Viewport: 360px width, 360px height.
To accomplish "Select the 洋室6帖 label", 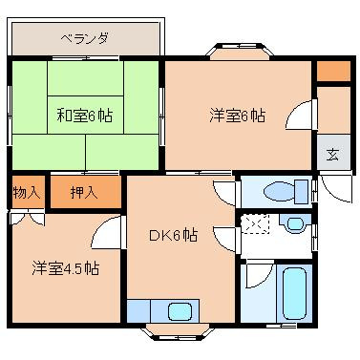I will tap(236, 116).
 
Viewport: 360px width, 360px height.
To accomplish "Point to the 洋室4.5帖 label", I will tap(64, 268).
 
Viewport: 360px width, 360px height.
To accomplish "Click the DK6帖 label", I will tap(172, 235).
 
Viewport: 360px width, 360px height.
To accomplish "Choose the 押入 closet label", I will tap(85, 192).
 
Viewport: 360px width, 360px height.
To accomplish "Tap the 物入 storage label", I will tap(26, 192).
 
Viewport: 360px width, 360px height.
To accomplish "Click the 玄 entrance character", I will tap(331, 155).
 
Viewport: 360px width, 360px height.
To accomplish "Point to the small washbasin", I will tap(295, 224).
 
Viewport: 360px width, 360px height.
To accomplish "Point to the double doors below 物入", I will tap(26, 219).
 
